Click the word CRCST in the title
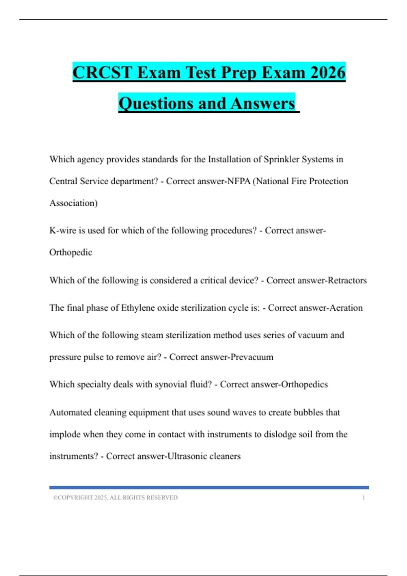coord(102,73)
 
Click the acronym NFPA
coord(239,181)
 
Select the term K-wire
coord(63,230)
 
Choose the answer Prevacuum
coord(252,357)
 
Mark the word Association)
coord(73,203)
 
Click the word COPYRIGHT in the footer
coord(75,497)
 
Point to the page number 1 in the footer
coord(363,497)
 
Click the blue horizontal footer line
coord(209,488)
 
